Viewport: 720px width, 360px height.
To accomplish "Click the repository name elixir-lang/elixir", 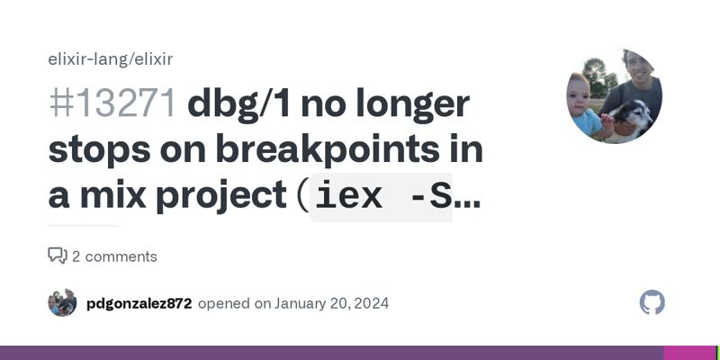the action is click(x=110, y=59).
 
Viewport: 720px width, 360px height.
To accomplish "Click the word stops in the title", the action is click(x=99, y=151).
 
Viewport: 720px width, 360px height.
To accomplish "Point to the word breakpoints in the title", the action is click(x=328, y=150).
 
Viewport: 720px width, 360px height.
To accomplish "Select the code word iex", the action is click(x=348, y=197).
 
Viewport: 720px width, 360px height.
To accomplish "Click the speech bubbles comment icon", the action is click(x=58, y=256).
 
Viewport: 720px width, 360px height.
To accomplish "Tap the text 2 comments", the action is click(x=114, y=256).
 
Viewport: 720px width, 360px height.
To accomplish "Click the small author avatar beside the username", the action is click(x=62, y=302).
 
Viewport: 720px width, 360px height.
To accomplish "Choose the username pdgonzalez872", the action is click(x=139, y=303).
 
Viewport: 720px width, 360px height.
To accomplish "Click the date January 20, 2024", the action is click(x=331, y=303).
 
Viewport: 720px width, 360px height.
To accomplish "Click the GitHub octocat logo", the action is click(x=652, y=302).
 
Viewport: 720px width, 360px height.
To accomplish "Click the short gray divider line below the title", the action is click(x=84, y=226).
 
